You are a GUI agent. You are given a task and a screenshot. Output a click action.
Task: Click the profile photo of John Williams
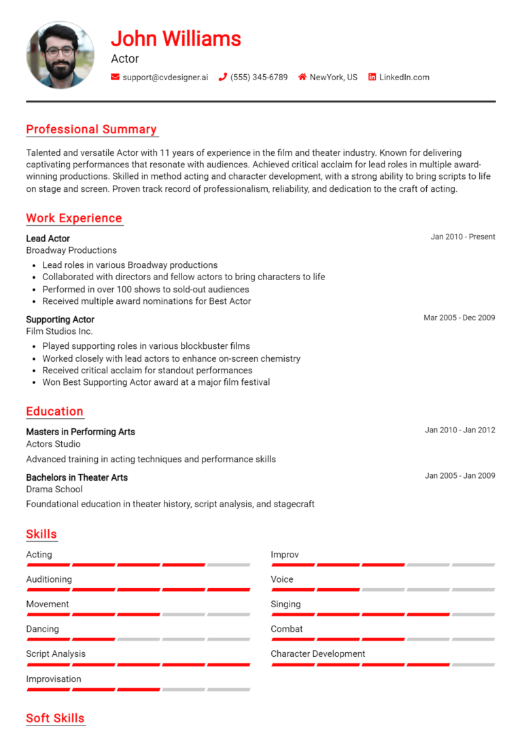coord(60,55)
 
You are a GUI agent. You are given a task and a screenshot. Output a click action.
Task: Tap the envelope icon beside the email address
coord(115,78)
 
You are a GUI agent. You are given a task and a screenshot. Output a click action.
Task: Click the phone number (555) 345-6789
coord(258,78)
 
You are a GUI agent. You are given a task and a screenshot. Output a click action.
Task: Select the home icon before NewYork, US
coord(302,78)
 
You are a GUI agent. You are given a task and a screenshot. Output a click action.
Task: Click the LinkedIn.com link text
coord(404,78)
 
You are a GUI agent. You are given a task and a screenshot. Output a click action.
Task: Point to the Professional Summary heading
coord(91,129)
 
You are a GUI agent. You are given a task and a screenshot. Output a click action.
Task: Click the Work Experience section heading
coord(74,218)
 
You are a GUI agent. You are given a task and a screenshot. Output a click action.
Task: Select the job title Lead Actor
coord(48,239)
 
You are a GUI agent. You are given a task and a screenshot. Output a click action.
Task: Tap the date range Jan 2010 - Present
coord(463,237)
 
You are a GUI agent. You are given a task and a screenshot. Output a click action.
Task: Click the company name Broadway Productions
coord(71,250)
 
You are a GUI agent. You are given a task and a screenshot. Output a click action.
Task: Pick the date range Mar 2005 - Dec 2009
coord(459,318)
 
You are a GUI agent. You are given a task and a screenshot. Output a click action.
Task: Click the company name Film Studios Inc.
coord(59,331)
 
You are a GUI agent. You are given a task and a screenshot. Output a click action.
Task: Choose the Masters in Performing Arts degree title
coord(80,432)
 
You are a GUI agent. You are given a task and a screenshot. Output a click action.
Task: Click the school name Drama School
coord(54,489)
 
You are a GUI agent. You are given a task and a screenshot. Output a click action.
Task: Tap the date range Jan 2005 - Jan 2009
coord(459,476)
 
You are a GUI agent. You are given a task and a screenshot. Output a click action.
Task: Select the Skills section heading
coord(41,534)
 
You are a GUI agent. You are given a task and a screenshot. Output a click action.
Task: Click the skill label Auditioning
coord(49,579)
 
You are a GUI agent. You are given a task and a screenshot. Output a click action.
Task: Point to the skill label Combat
coord(287,629)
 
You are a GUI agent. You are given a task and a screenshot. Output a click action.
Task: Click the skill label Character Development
coord(318,654)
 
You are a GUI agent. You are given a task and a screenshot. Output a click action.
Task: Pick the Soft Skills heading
coord(55,718)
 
